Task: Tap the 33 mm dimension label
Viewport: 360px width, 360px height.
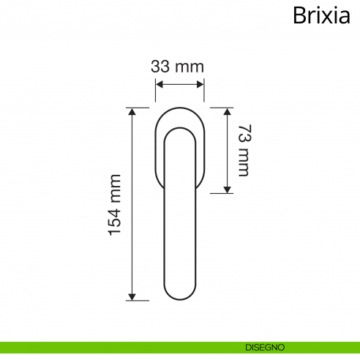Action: (x=177, y=66)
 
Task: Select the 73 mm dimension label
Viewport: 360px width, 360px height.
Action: (x=243, y=151)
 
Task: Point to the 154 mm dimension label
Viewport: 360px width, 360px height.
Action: (x=115, y=205)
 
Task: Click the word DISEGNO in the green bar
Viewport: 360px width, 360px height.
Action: (x=265, y=347)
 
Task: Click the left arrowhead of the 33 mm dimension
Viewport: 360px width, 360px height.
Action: (x=158, y=85)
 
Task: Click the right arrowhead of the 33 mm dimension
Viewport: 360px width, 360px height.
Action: (x=201, y=85)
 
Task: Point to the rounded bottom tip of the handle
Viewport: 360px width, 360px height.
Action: (x=179, y=299)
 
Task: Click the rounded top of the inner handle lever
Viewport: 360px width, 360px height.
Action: (x=179, y=127)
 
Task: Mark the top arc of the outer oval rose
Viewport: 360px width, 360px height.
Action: (x=179, y=108)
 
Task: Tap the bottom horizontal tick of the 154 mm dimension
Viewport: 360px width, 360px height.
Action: (x=132, y=300)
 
